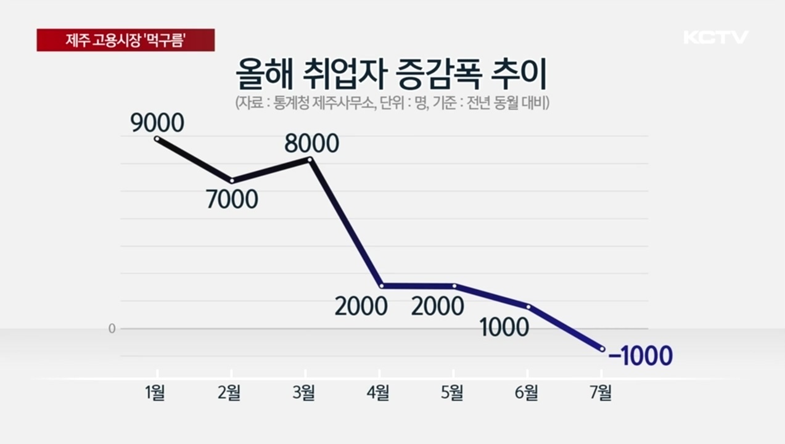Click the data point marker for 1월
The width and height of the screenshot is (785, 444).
click(157, 139)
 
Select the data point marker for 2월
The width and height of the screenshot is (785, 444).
click(232, 181)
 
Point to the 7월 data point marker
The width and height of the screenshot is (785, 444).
click(602, 349)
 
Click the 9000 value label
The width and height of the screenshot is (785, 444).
click(157, 123)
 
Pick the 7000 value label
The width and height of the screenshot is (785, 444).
click(232, 199)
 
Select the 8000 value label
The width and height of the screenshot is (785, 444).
click(312, 144)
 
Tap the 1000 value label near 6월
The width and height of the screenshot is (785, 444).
click(504, 327)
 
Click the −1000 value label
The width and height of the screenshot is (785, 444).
click(640, 356)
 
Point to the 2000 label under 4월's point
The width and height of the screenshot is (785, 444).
click(361, 306)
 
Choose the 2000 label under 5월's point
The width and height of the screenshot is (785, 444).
click(437, 306)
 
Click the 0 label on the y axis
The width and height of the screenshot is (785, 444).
click(112, 329)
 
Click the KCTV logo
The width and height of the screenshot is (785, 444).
click(715, 37)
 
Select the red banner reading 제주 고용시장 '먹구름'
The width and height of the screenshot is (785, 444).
click(126, 40)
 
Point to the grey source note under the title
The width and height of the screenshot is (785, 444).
click(392, 102)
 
